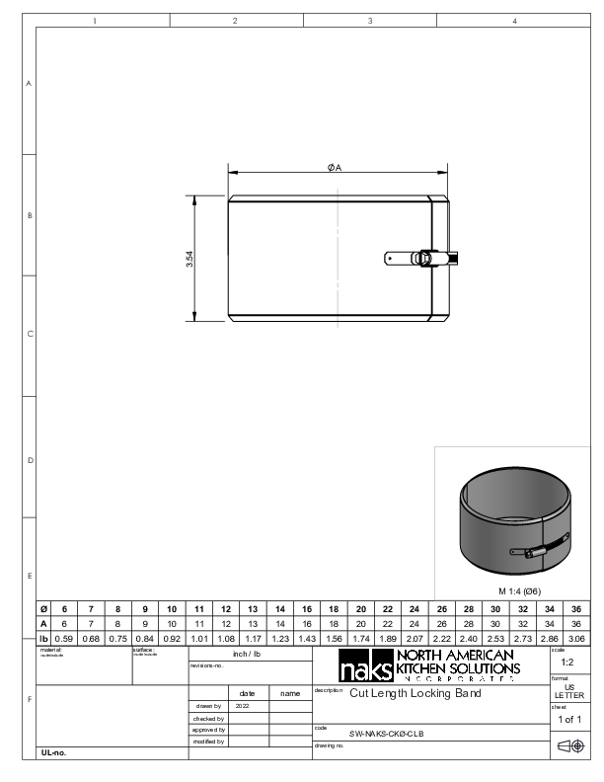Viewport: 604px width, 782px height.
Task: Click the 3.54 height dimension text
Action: click(189, 259)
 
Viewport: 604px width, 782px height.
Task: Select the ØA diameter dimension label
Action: click(335, 168)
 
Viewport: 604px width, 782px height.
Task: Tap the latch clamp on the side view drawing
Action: click(423, 259)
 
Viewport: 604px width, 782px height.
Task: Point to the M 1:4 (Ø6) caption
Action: click(513, 590)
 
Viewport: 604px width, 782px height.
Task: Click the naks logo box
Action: click(364, 667)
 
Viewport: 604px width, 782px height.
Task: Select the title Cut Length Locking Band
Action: click(416, 694)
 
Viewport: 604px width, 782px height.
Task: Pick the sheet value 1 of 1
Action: click(568, 720)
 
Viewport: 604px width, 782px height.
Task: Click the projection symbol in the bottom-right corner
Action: click(569, 747)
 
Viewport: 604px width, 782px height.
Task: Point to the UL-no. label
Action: click(53, 752)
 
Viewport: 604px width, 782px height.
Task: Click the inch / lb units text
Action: click(247, 654)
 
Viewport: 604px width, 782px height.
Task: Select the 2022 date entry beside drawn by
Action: click(243, 706)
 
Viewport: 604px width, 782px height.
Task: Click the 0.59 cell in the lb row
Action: click(64, 640)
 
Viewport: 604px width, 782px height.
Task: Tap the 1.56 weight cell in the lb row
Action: click(334, 640)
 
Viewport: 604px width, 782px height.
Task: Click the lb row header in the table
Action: click(43, 640)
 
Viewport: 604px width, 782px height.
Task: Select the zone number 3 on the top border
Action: click(369, 20)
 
